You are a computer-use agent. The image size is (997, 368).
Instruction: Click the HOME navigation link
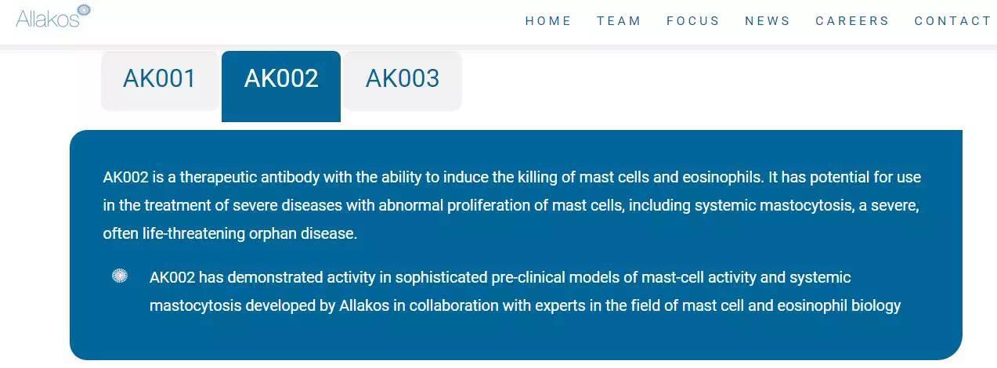click(x=548, y=21)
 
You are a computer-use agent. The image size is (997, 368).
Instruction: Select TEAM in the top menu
click(x=619, y=21)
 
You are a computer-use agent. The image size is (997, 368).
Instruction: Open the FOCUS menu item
click(x=692, y=21)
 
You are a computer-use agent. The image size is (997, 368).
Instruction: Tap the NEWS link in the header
click(x=768, y=21)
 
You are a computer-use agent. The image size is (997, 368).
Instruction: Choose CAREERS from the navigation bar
click(x=852, y=21)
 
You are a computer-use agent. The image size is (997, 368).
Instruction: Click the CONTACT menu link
click(x=952, y=21)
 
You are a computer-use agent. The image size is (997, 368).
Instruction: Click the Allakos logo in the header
click(x=53, y=16)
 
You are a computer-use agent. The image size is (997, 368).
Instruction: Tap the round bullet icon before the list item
click(x=120, y=276)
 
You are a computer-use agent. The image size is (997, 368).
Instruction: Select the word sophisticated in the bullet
click(x=441, y=278)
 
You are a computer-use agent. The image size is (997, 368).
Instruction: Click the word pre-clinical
click(x=529, y=278)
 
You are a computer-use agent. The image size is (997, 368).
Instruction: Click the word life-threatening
click(x=193, y=234)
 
